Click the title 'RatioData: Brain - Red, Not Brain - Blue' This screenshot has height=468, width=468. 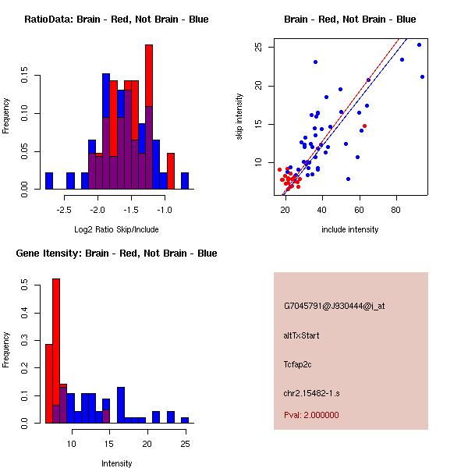click(x=116, y=19)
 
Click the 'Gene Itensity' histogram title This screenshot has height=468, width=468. click(x=116, y=253)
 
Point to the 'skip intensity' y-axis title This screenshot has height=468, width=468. click(x=239, y=117)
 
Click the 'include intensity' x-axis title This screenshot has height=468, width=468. click(x=350, y=229)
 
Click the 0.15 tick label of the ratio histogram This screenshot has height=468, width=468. click(x=25, y=78)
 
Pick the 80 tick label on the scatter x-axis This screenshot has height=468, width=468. click(x=396, y=210)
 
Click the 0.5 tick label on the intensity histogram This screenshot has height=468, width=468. click(x=25, y=286)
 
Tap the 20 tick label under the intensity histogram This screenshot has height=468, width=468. click(x=147, y=445)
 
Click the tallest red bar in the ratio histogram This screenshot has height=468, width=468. click(x=148, y=117)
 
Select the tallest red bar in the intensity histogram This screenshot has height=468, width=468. click(x=56, y=351)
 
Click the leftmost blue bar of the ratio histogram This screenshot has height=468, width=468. click(x=49, y=180)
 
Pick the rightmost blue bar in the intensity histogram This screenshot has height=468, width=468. click(x=185, y=420)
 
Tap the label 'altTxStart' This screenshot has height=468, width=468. click(x=302, y=335)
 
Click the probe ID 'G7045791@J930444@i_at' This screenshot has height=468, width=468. click(x=335, y=306)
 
